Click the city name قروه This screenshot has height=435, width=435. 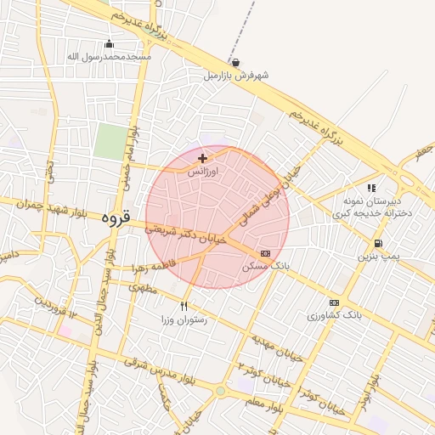[x=115, y=218]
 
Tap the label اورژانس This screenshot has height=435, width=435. [x=202, y=171]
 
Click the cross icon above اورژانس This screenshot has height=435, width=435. [x=202, y=158]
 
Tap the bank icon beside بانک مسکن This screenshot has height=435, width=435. [x=266, y=253]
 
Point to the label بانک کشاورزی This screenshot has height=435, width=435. [x=335, y=315]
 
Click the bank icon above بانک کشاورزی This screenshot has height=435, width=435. [x=334, y=302]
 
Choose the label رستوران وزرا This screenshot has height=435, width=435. [x=184, y=319]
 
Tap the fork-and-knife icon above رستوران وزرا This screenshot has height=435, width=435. [x=184, y=306]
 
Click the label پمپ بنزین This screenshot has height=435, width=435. [x=376, y=255]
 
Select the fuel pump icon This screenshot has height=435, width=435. [x=377, y=243]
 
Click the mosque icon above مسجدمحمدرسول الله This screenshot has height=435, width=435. [x=109, y=44]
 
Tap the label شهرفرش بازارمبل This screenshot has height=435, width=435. [x=235, y=75]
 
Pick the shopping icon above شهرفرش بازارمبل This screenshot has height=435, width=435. [x=235, y=62]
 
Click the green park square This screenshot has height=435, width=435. [x=109, y=141]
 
